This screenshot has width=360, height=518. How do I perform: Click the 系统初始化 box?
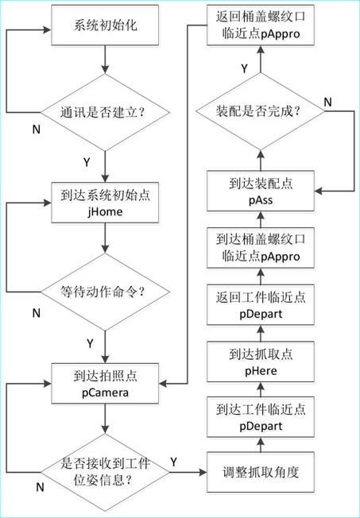tap(105, 25)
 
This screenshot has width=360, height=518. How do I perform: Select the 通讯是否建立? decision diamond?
tap(105, 112)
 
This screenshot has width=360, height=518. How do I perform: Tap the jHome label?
tap(105, 211)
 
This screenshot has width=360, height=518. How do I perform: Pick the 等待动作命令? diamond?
tap(105, 292)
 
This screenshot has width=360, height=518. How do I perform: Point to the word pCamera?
tap(105, 392)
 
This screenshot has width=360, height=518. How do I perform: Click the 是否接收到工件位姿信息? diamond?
tap(105, 473)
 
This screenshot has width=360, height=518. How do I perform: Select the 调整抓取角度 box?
tap(261, 473)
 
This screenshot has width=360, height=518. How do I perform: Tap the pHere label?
tap(261, 371)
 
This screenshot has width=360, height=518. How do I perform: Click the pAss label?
tap(261, 200)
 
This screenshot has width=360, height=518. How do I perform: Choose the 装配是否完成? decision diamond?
tap(261, 111)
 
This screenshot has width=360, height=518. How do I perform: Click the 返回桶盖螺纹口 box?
tap(261, 25)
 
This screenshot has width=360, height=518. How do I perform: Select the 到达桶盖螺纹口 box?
tap(261, 248)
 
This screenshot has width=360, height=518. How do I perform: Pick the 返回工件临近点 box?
tap(261, 305)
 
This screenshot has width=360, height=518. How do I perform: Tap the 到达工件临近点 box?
tap(261, 417)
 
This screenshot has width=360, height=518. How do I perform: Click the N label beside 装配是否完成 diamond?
tap(327, 102)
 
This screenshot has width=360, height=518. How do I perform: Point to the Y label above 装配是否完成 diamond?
tap(244, 68)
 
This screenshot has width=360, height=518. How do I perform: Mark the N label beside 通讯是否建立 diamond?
tap(37, 129)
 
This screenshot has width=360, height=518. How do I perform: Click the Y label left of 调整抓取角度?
tap(173, 462)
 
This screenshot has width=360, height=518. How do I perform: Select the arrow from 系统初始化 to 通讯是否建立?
tap(105, 60)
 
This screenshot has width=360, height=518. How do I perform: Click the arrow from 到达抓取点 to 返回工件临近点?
tap(261, 334)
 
